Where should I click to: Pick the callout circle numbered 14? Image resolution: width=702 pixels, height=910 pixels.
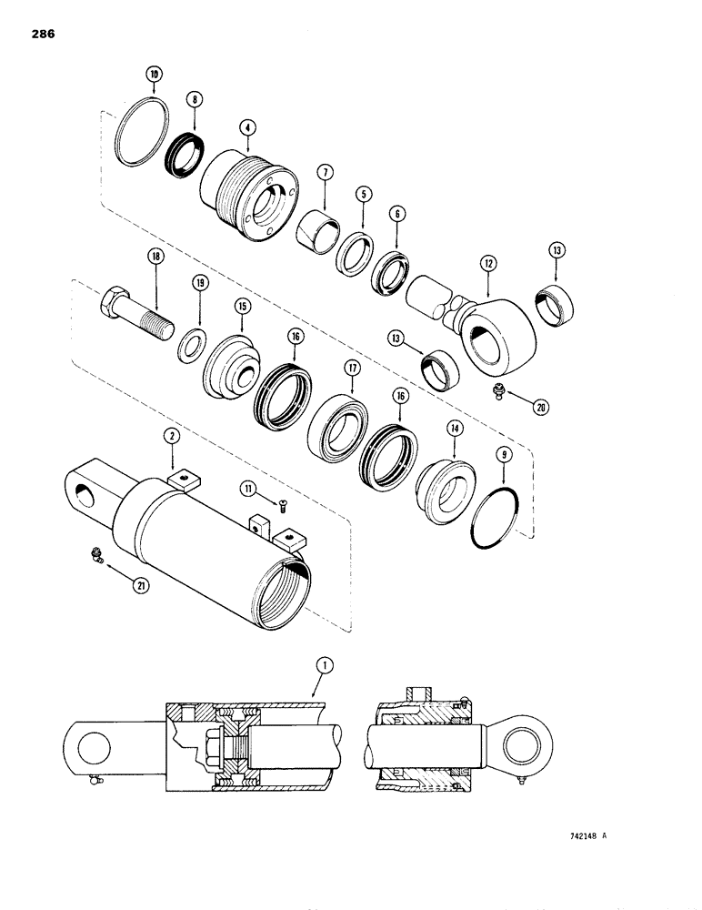[452, 429]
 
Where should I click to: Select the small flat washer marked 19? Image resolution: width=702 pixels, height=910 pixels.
[192, 347]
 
